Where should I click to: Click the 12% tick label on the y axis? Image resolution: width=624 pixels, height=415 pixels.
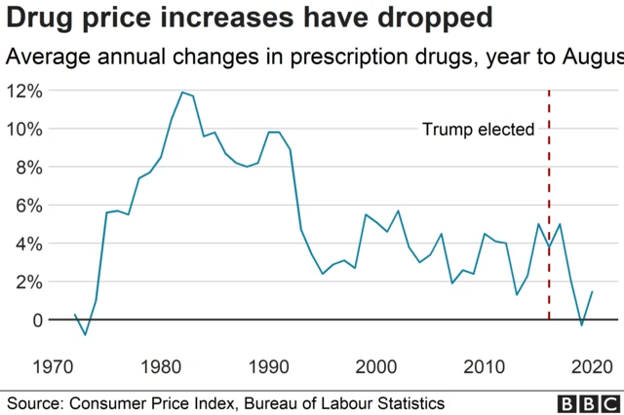[x=24, y=91]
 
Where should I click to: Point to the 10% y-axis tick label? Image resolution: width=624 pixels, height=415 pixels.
[x=24, y=129]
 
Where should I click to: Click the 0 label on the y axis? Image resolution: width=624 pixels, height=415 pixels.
[x=37, y=320]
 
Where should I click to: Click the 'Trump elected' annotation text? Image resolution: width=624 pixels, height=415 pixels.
[x=478, y=129]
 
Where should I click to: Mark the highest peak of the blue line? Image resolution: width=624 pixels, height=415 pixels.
[x=182, y=93]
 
